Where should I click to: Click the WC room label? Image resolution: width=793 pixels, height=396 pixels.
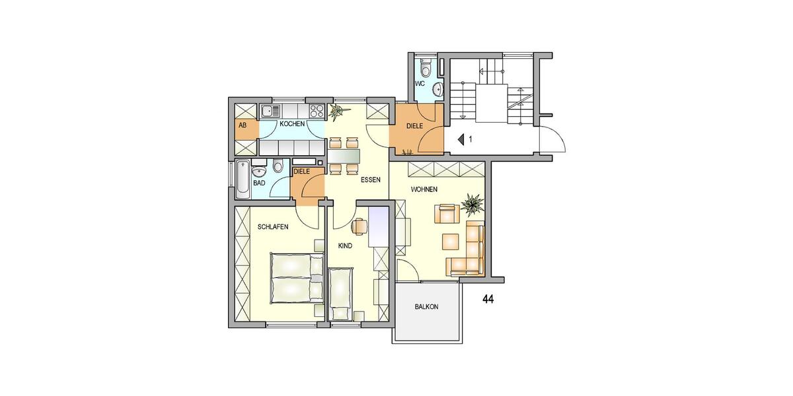[x=419, y=84]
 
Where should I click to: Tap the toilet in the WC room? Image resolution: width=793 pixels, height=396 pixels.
[x=426, y=68]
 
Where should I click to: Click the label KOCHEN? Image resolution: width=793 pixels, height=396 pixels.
[x=291, y=123]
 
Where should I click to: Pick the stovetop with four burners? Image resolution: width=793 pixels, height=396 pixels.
[x=316, y=110]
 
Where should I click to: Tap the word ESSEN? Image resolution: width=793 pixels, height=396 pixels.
[x=370, y=180]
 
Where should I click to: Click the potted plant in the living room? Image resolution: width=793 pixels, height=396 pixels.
[x=472, y=204]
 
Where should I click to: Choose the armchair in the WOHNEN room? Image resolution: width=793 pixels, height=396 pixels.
[x=446, y=214]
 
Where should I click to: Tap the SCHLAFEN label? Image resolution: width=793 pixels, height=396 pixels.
[x=273, y=226]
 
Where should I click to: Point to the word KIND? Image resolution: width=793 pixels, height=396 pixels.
[x=345, y=245]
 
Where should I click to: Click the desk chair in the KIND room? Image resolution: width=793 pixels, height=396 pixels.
[x=359, y=226]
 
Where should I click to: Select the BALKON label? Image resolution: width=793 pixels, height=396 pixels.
[x=427, y=307]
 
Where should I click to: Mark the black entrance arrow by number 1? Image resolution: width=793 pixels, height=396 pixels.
[x=461, y=139]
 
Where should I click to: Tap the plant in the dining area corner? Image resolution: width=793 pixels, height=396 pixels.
[x=336, y=112]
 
